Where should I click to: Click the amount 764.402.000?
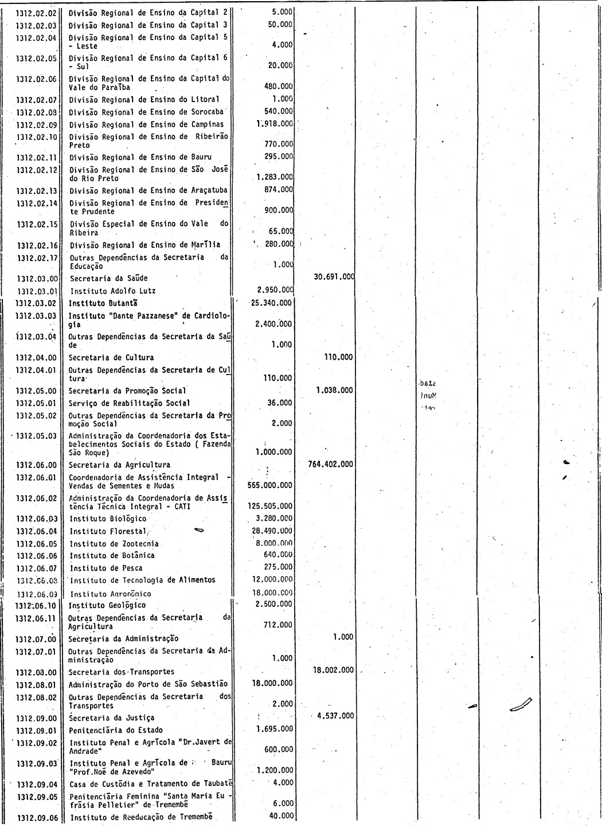coord(330,464)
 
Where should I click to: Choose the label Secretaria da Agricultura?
coord(119,465)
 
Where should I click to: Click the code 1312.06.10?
coord(36,605)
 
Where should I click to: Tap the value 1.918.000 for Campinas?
coord(275,124)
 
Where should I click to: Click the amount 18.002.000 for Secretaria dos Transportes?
coord(334,670)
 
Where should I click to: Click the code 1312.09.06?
coord(37,817)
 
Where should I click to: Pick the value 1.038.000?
coord(335,390)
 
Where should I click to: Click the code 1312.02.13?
coord(37,190)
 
